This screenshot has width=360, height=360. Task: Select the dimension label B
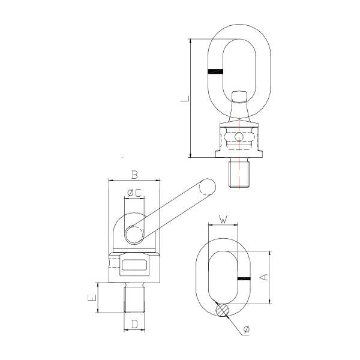(134, 175)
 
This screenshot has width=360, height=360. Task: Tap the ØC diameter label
(134, 193)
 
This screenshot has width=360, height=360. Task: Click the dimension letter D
(135, 325)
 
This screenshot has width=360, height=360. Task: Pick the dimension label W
(223, 220)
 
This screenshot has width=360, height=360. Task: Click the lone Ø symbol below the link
(247, 330)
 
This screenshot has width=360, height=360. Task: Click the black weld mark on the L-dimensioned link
(215, 72)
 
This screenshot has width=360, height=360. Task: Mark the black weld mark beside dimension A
(244, 280)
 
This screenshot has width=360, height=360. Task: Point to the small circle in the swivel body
(240, 137)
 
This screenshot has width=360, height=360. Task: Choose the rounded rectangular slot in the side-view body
(134, 264)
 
